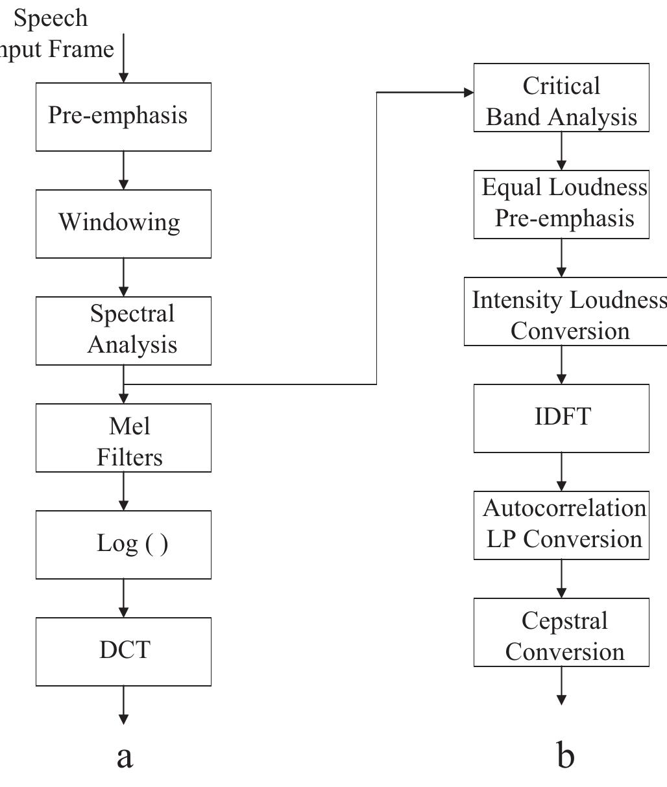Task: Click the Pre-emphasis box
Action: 123,117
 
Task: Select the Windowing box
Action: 123,224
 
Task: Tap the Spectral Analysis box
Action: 123,331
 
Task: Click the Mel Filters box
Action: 123,438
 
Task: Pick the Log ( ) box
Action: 123,545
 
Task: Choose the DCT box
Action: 123,651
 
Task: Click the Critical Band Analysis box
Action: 561,98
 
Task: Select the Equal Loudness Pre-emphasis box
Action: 561,204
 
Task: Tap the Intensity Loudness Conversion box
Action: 564,311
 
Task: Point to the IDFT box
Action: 561,418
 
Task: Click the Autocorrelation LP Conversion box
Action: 561,525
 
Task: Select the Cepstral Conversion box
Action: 561,632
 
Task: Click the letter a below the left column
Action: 125,756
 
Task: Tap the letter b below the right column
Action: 565,755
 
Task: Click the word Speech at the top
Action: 51,18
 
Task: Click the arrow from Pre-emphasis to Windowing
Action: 123,170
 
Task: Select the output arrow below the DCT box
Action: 123,705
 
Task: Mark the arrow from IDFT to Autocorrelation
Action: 561,472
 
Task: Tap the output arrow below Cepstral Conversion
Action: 561,686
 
